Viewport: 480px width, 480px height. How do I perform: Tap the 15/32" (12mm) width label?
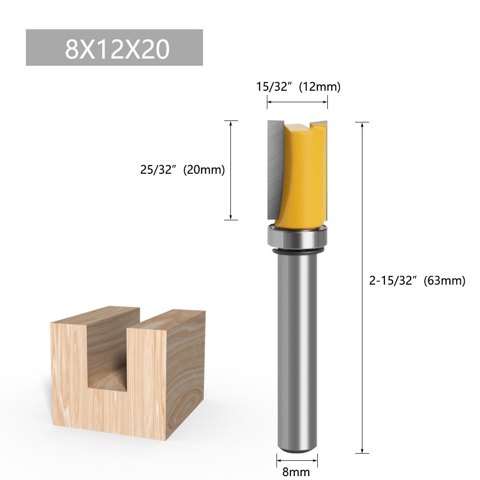coord(298,87)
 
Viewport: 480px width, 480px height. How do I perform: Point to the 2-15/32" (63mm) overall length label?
coord(417,281)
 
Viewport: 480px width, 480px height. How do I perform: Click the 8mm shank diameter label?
coord(296,471)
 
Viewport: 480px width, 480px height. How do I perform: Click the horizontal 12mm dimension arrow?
coord(298,102)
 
